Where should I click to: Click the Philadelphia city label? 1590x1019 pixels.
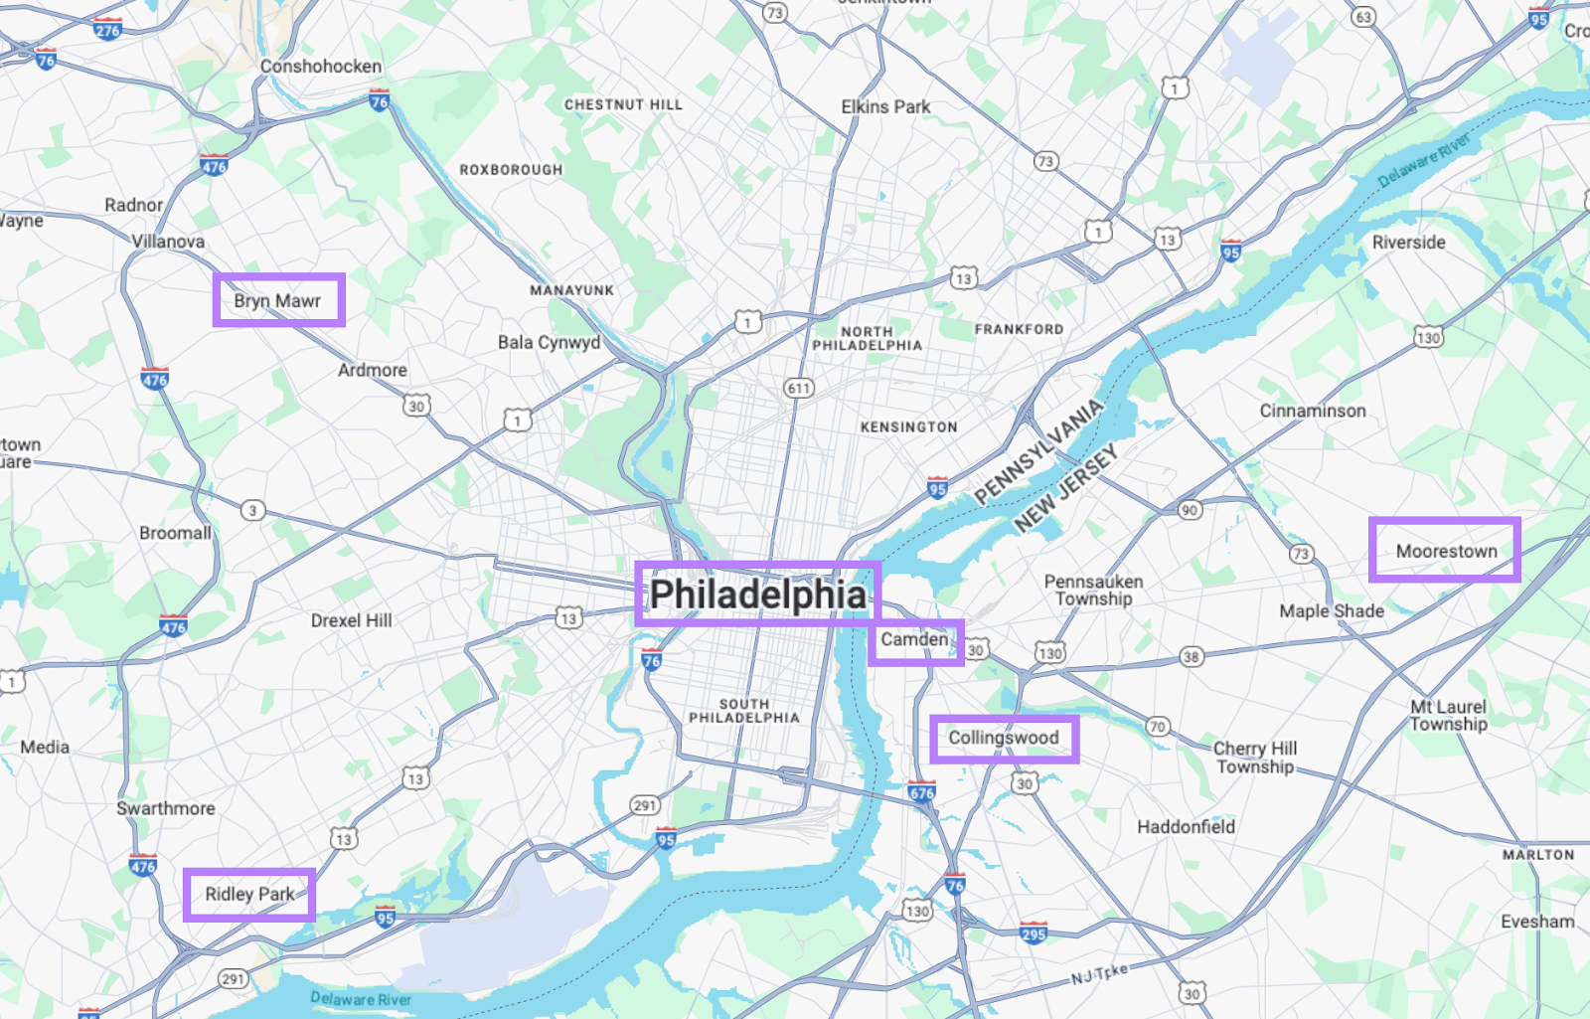[x=757, y=594]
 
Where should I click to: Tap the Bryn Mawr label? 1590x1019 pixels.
[x=277, y=300]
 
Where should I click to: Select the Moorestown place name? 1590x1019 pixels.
[x=1446, y=551]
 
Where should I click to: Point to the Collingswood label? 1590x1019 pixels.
[x=1004, y=738]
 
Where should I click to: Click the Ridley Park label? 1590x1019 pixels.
[x=249, y=894]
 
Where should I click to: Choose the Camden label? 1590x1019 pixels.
[x=914, y=639]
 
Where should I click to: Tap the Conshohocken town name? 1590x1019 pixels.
[x=321, y=67]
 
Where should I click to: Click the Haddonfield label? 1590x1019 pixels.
[x=1186, y=826]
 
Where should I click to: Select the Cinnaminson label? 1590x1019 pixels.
[x=1313, y=411]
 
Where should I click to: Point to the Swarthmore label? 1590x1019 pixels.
[x=166, y=808]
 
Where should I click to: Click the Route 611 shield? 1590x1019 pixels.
[x=799, y=388]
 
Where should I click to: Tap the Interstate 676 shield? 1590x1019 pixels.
[x=921, y=792]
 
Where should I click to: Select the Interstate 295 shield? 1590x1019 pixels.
[x=1033, y=933]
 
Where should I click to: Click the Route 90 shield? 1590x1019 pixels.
[x=1190, y=510]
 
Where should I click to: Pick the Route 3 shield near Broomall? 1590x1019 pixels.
[x=252, y=510]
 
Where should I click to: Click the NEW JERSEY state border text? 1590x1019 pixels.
[x=1066, y=488]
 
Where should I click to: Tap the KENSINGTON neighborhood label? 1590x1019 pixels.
[x=908, y=426]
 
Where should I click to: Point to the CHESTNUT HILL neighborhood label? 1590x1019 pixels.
[x=623, y=104]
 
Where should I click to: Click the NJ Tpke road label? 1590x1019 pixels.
[x=1099, y=975]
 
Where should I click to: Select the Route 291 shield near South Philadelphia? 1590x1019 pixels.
[x=644, y=805]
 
